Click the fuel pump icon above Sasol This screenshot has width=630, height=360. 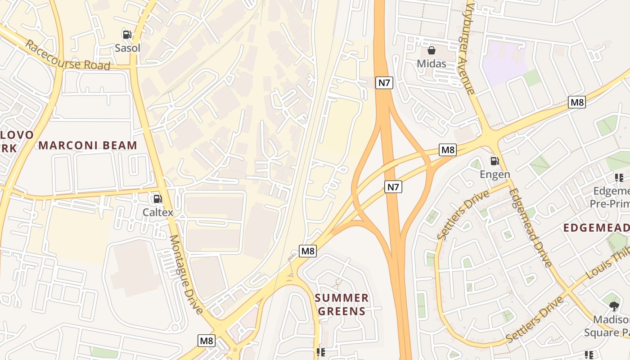click(x=127, y=34)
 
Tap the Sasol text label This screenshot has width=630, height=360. click(x=127, y=48)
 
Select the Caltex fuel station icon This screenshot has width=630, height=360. click(x=157, y=199)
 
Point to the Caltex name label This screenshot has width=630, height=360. click(x=158, y=212)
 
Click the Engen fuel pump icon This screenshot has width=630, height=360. click(x=495, y=161)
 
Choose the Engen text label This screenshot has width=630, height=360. click(x=495, y=175)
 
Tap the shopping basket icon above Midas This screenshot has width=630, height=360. click(x=432, y=50)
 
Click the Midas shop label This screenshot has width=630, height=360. click(x=432, y=63)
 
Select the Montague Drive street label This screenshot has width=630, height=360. click(x=186, y=274)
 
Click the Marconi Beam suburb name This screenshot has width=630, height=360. click(x=88, y=145)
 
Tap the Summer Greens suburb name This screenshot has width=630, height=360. click(x=342, y=305)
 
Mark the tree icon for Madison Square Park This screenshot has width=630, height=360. click(x=614, y=306)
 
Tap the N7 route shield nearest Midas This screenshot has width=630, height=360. click(x=384, y=82)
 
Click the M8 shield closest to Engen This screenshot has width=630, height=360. click(x=448, y=150)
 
